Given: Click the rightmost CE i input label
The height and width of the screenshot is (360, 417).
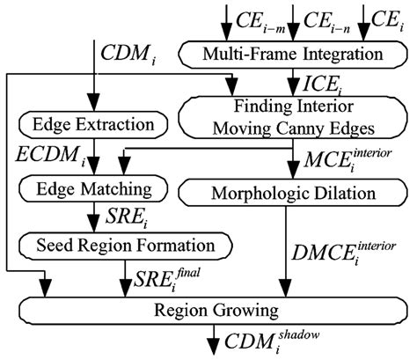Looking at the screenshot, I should tap(389, 17).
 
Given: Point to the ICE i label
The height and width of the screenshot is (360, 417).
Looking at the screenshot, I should tap(322, 86).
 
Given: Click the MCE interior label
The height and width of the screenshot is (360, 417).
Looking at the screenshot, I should tap(345, 158).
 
